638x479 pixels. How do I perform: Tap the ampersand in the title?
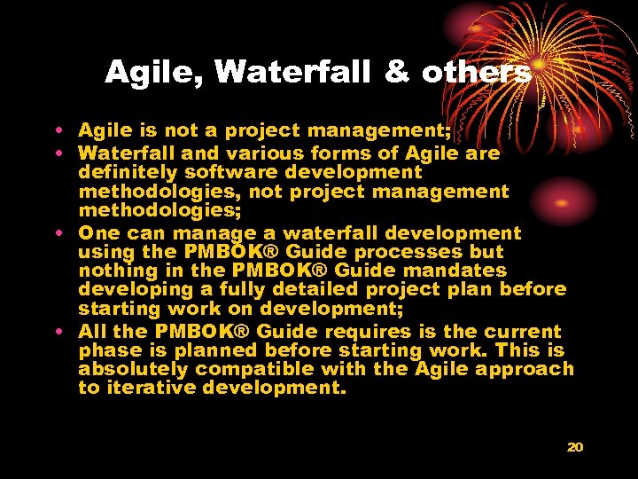(396, 73)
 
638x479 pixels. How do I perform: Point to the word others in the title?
(476, 73)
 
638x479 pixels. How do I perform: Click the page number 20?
(575, 447)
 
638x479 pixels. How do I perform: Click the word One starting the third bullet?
(98, 232)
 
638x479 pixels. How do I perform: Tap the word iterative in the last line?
(148, 388)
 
